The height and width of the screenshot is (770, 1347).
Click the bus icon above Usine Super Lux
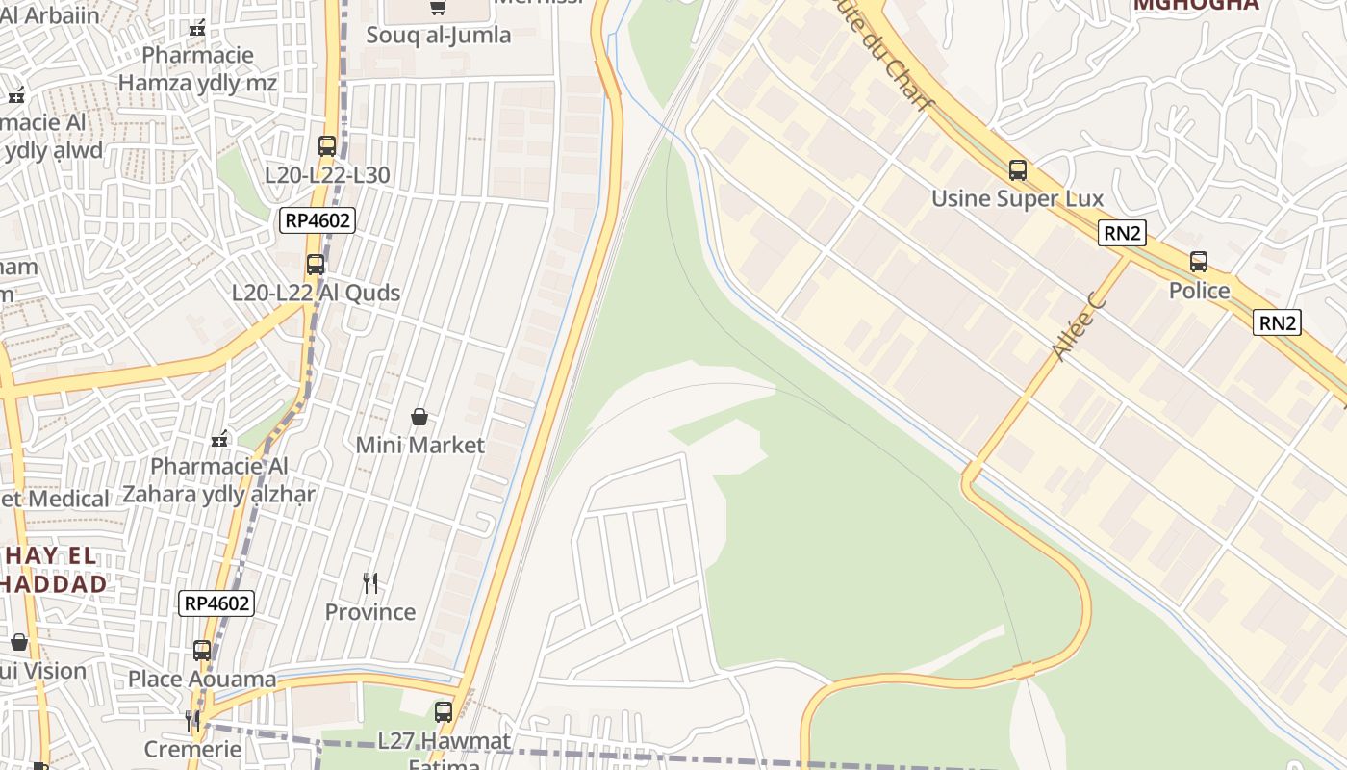tap(1018, 171)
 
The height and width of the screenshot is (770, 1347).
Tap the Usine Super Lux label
tap(1017, 199)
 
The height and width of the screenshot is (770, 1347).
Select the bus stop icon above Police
tap(1199, 262)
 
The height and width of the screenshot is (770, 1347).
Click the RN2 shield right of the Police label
tap(1277, 323)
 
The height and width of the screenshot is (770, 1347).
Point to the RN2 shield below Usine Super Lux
tap(1122, 233)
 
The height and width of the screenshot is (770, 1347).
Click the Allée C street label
tap(1079, 328)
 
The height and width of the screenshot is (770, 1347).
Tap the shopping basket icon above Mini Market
tap(419, 417)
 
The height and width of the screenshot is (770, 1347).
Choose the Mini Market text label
tap(419, 446)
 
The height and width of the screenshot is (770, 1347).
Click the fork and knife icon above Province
tap(370, 583)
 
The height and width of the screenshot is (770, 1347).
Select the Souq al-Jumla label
tap(438, 36)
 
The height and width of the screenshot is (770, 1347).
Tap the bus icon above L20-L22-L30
tap(327, 146)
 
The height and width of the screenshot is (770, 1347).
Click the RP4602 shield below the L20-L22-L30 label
tap(318, 220)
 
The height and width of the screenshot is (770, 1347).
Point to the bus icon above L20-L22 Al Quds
tap(316, 265)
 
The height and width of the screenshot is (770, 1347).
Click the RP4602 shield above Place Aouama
tap(216, 603)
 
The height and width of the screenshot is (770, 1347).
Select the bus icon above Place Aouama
tap(202, 651)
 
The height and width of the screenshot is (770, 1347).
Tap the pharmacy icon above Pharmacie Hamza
tap(198, 28)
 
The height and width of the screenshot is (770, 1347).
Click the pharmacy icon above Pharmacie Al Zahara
tap(219, 439)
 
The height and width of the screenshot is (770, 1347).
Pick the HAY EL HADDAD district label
tap(54, 570)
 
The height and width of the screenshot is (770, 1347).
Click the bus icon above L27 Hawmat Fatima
tap(444, 712)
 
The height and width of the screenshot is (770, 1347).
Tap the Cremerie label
tap(192, 749)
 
